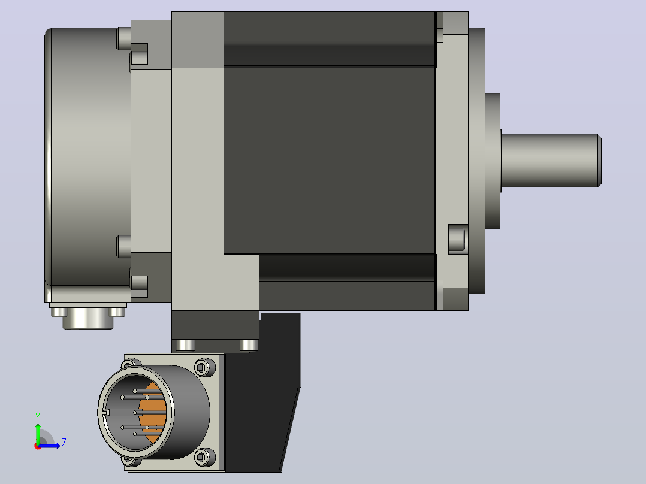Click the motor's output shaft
point(551,161)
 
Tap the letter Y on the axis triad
point(38,416)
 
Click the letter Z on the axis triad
point(64,443)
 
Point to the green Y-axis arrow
point(38,433)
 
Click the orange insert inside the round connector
point(153,412)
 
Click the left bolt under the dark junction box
point(186,346)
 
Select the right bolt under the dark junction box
point(249,346)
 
